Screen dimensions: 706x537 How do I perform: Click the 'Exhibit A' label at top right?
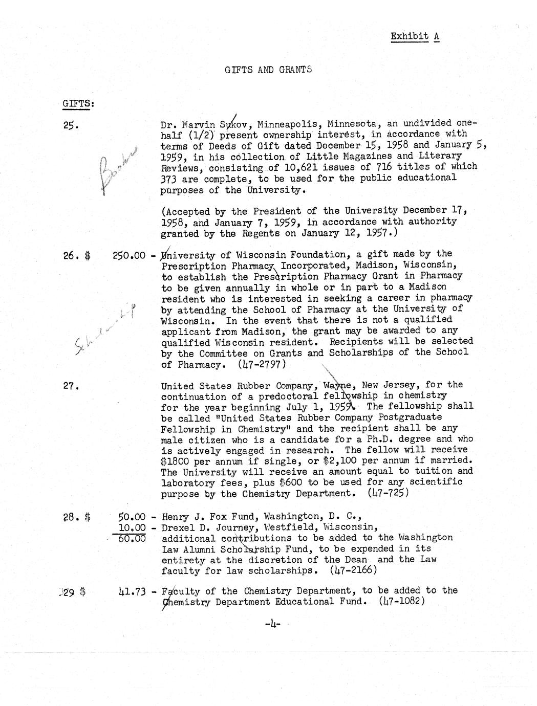[415, 36]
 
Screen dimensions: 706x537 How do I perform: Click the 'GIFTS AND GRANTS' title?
[268, 70]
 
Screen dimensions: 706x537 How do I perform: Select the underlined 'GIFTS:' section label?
[78, 103]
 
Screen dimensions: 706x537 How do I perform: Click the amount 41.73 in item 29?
[131, 592]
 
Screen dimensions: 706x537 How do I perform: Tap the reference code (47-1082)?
[403, 601]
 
